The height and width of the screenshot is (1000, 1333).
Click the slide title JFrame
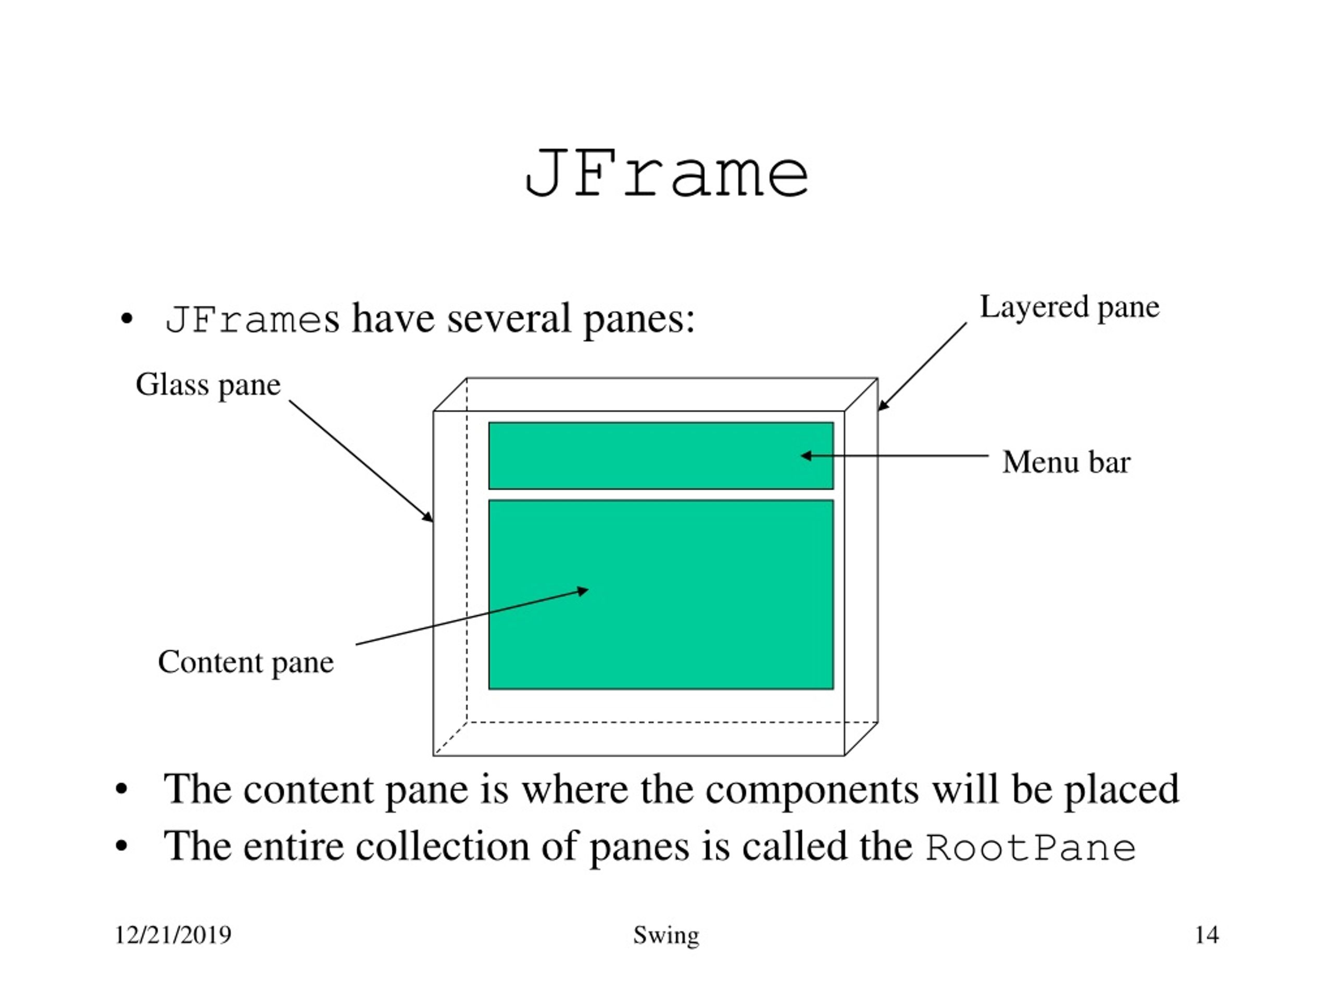666,173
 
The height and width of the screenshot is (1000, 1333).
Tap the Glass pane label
208,384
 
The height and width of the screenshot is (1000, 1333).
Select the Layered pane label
1070,307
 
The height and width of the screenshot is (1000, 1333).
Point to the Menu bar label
1066,463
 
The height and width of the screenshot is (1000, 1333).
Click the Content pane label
246,662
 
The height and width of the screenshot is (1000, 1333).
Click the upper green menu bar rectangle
661,456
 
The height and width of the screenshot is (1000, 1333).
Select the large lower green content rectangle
661,594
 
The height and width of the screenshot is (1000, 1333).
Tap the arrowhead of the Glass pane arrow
428,517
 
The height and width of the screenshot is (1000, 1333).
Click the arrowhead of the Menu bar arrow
805,456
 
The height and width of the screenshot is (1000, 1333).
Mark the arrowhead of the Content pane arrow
583,591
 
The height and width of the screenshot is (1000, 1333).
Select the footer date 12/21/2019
173,935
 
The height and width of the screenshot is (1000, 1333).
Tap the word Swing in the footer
666,935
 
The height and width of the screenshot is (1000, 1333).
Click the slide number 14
1206,935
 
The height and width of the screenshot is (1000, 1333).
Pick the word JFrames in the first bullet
252,319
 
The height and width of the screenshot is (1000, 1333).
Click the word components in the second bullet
812,790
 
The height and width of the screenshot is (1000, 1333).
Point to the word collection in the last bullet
442,846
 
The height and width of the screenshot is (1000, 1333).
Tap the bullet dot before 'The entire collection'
122,846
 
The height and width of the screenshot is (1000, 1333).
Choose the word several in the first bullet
509,319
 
